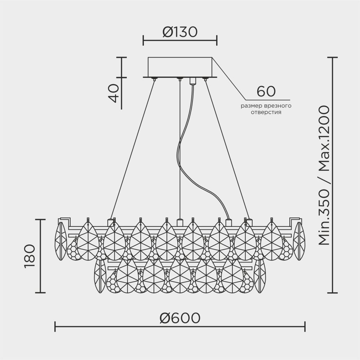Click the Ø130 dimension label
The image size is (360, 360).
180,32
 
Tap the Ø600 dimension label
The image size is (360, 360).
180,318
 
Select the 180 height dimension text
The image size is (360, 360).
30,256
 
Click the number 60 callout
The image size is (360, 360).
266,92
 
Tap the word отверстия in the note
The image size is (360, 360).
266,112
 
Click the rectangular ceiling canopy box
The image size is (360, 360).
180,67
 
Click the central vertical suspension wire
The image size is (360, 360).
179,151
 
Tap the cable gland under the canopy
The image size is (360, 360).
192,81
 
